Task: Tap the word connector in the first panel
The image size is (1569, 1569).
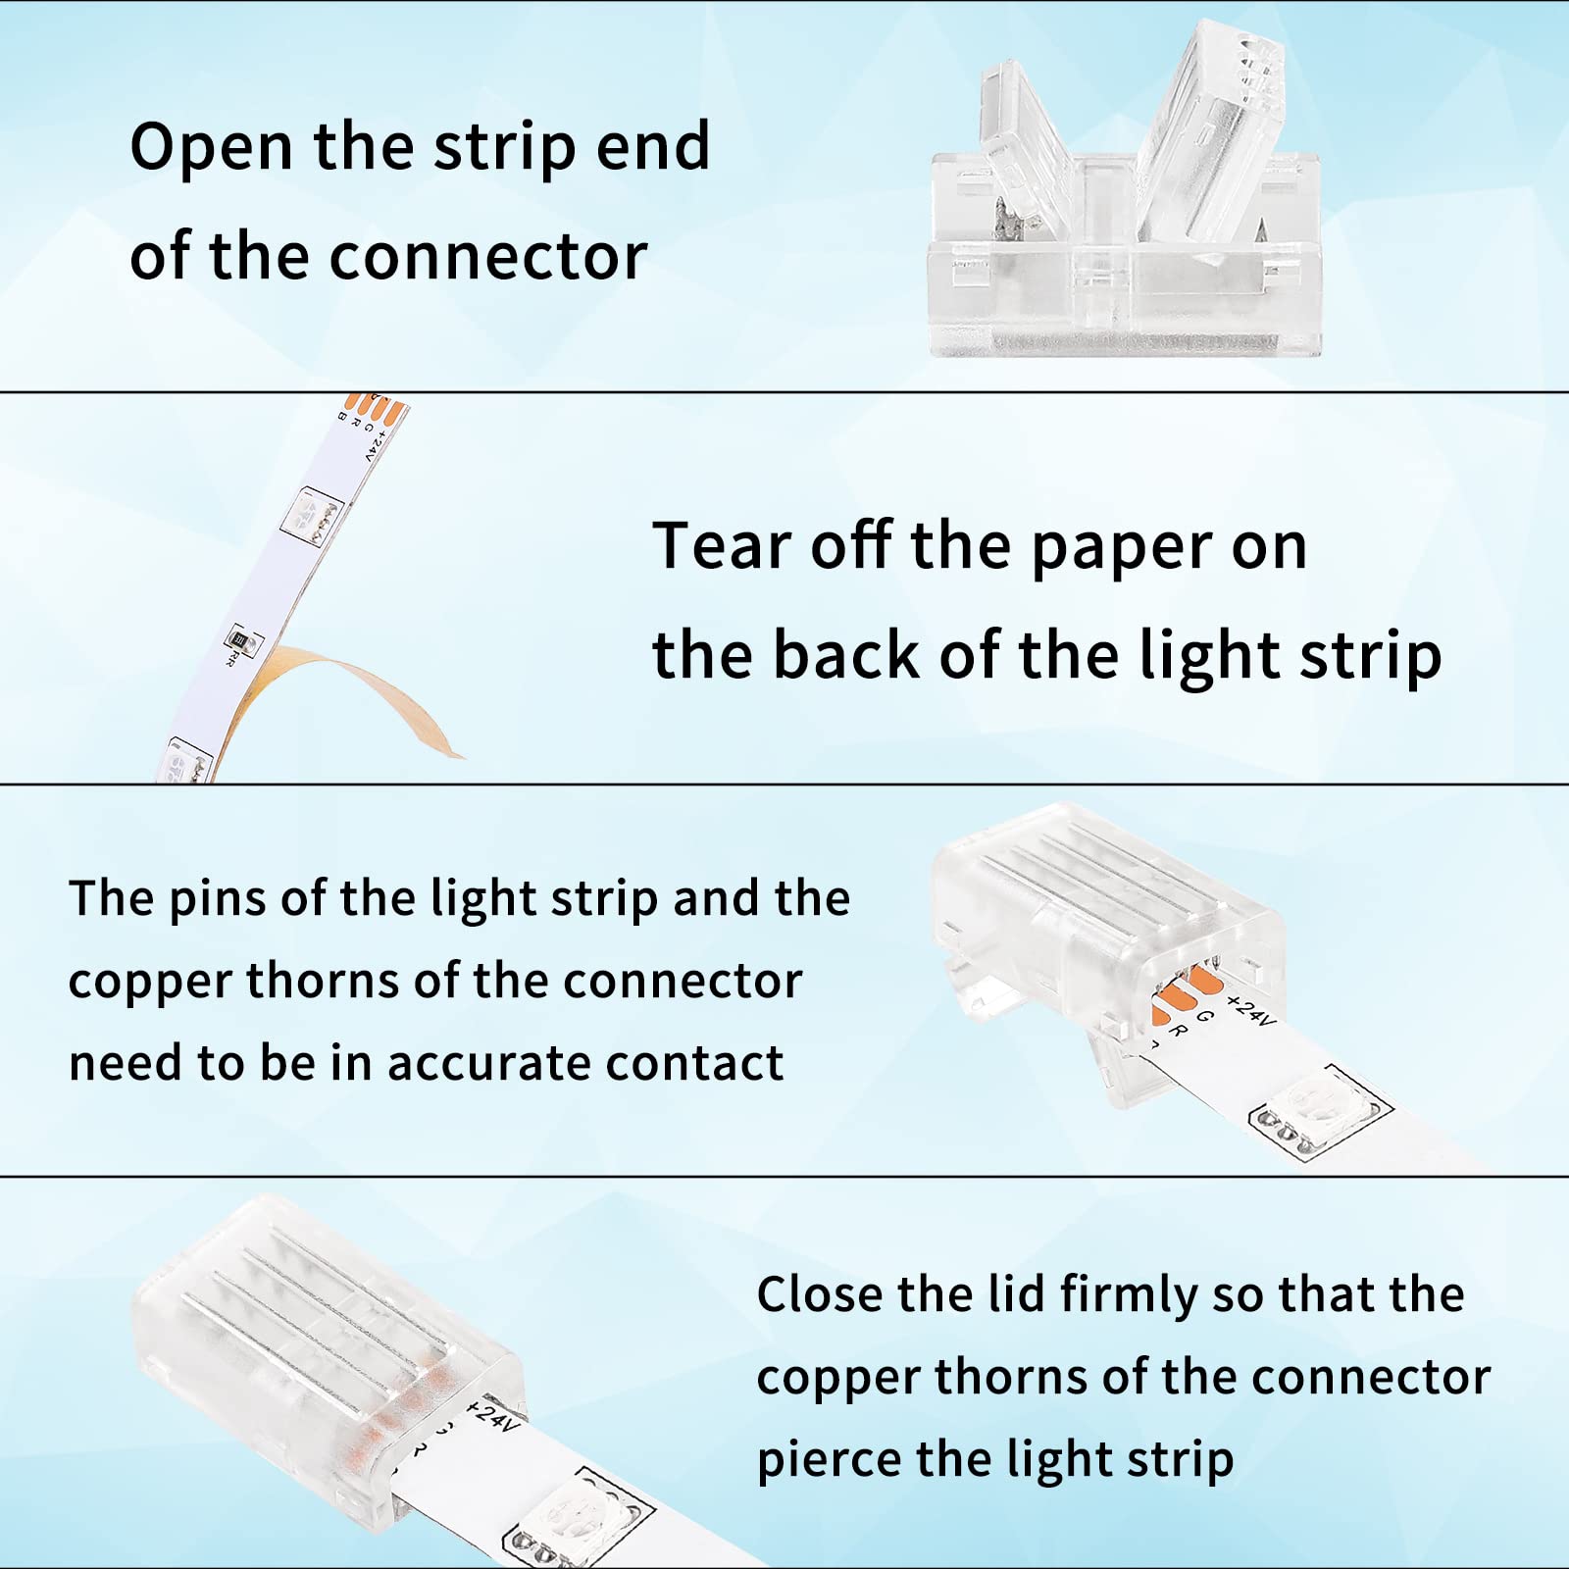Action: [487, 258]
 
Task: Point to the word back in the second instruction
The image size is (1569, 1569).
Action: [845, 655]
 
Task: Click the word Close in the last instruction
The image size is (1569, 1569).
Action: [818, 1294]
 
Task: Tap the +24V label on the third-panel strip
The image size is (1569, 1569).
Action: [1250, 1010]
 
